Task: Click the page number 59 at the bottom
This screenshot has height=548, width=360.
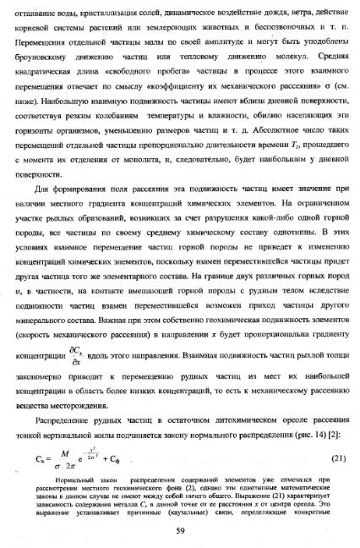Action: coord(180,530)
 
